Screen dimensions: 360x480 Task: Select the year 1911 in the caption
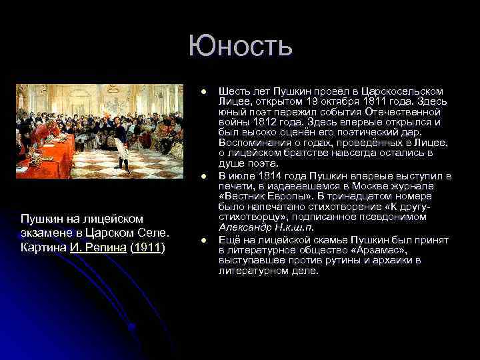click(x=148, y=248)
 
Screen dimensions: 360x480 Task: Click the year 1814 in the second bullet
click(x=268, y=176)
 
